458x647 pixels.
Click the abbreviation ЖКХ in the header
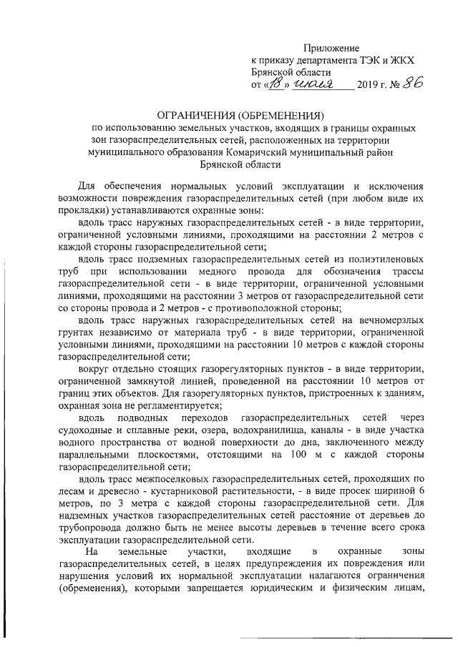[x=401, y=60]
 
